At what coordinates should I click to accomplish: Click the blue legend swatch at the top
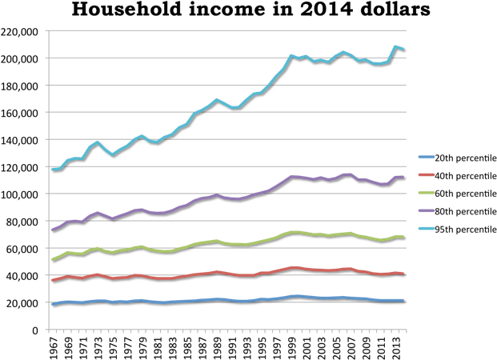[427, 157]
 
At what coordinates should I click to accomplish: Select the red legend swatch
[427, 174]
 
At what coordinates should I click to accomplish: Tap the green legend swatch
[427, 193]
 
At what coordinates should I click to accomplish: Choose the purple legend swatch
[427, 211]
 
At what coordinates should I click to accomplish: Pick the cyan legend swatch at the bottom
[427, 229]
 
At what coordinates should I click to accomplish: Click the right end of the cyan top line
[403, 49]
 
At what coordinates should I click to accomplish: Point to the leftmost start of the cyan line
[52, 169]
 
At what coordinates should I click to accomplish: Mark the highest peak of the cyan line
[395, 46]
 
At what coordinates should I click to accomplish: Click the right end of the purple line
[403, 177]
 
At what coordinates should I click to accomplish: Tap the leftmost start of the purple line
[52, 230]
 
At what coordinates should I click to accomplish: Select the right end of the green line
[403, 237]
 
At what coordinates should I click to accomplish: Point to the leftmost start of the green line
[52, 259]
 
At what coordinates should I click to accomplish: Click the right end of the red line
[403, 274]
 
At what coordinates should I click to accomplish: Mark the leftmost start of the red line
[52, 280]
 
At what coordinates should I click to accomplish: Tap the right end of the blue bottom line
[403, 301]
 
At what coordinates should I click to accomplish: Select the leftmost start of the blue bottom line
[52, 304]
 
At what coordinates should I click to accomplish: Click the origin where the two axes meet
[49, 329]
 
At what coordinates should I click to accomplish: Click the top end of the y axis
[49, 30]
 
